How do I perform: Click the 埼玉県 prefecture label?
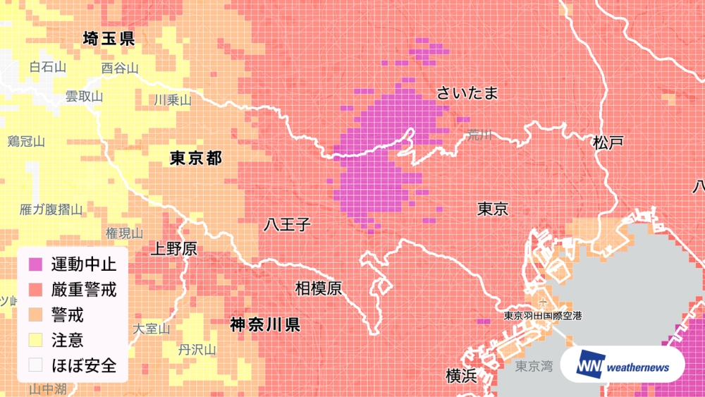pos(109,39)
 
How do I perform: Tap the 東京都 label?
pos(196,159)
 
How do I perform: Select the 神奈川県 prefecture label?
pos(265,325)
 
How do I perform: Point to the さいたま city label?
pos(467,93)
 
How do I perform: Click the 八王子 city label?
pos(287,225)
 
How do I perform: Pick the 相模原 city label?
pos(318,288)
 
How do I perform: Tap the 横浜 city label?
pos(462,375)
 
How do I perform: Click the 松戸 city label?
pos(608,142)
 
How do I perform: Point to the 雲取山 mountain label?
pos(84,97)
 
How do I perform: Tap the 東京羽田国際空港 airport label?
pos(543,317)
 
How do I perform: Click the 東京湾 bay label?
pos(534,366)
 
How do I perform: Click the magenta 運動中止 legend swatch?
pos(35,265)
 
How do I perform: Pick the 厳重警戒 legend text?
pos(83,290)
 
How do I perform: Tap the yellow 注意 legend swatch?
pos(35,340)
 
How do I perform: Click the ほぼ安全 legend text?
pos(83,365)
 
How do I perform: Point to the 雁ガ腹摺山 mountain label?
pos(51,209)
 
